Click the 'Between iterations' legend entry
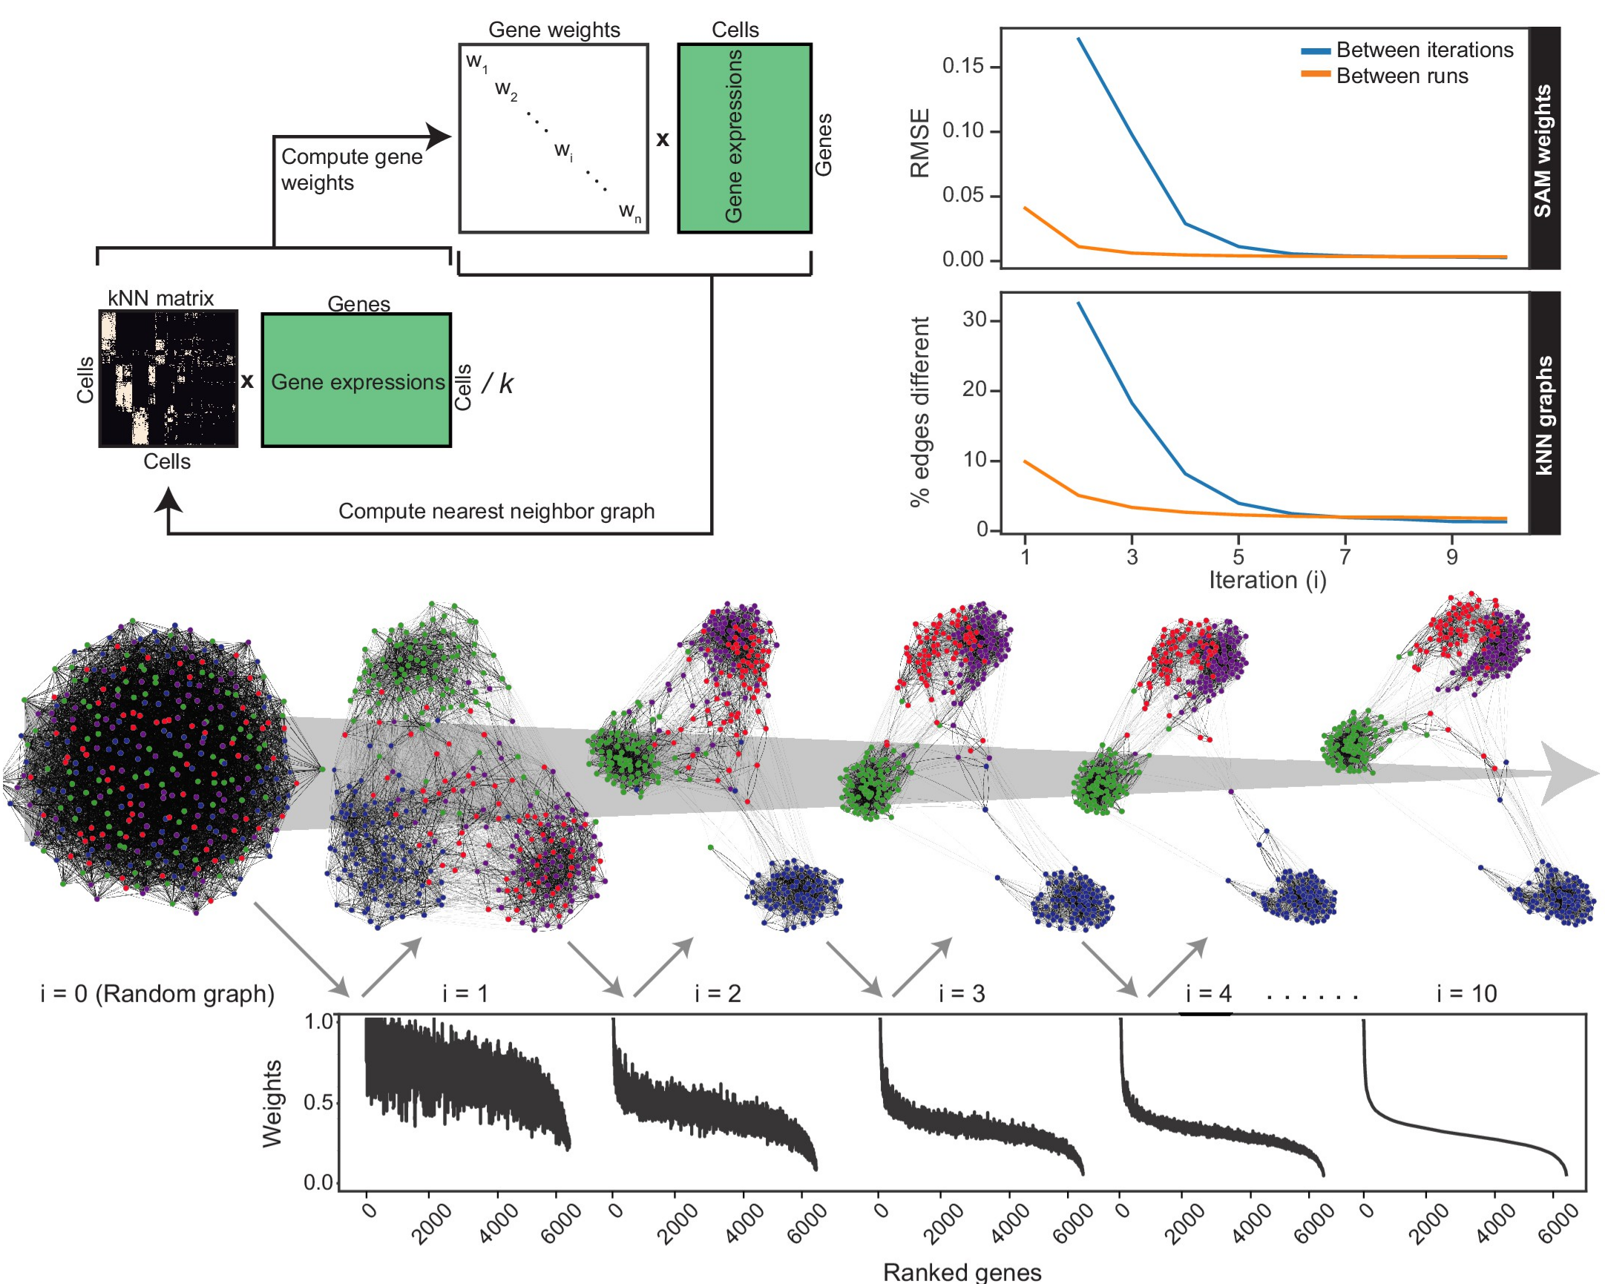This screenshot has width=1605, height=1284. (x=1423, y=50)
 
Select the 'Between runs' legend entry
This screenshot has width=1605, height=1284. (x=1401, y=76)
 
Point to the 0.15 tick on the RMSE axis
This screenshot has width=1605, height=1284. (x=962, y=65)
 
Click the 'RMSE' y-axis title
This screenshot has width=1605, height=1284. (x=921, y=143)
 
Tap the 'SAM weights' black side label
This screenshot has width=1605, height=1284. (x=1543, y=149)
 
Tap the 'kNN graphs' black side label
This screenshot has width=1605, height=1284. (x=1543, y=414)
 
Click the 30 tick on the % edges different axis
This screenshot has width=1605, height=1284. (x=975, y=320)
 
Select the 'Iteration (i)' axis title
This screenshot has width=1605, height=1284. (x=1267, y=580)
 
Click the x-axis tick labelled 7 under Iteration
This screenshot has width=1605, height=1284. (x=1345, y=556)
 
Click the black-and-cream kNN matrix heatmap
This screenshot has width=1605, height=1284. (x=168, y=378)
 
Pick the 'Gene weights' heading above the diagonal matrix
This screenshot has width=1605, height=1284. (x=554, y=30)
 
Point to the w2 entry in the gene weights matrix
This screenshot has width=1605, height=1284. (x=506, y=90)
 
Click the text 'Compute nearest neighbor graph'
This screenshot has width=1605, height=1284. (x=496, y=511)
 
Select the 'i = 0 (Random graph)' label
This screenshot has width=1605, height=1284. (x=157, y=994)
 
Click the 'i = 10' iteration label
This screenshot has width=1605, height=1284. (x=1465, y=994)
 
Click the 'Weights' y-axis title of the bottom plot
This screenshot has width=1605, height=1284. (x=272, y=1104)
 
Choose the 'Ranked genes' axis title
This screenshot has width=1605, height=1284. (x=962, y=1272)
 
